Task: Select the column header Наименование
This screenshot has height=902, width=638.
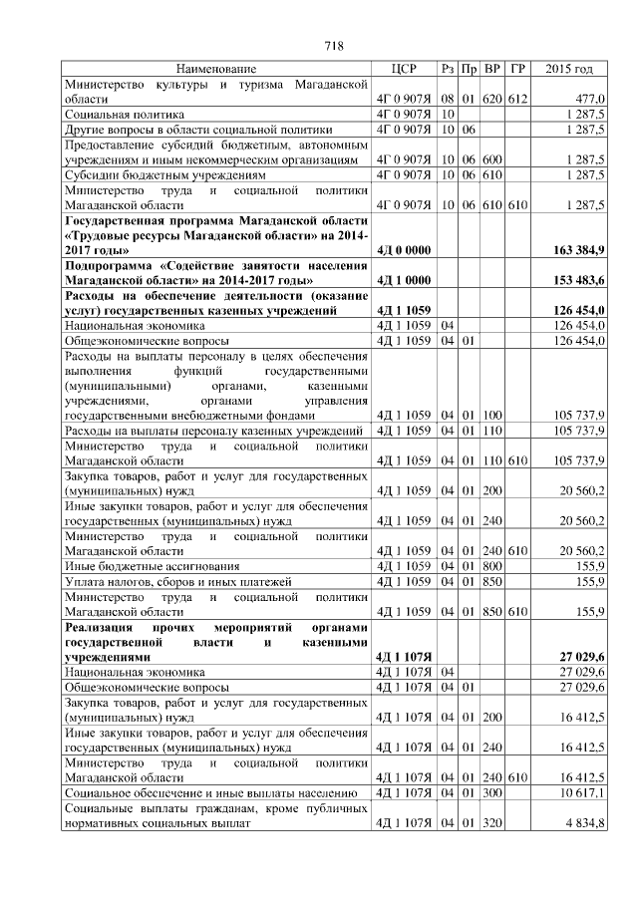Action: click(x=215, y=69)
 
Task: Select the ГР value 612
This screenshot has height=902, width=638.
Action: click(x=516, y=100)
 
